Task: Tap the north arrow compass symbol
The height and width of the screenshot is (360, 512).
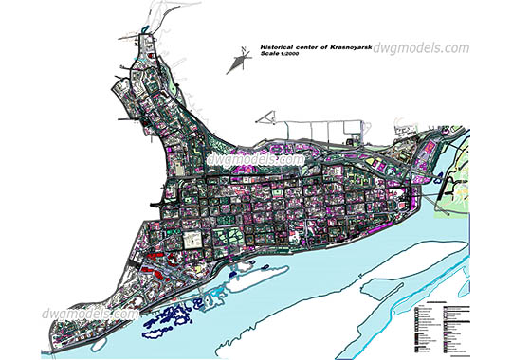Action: pos(234,63)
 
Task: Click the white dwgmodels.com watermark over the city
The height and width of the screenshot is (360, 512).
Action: pos(255,160)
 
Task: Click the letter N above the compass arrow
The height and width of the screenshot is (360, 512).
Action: pos(243,46)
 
